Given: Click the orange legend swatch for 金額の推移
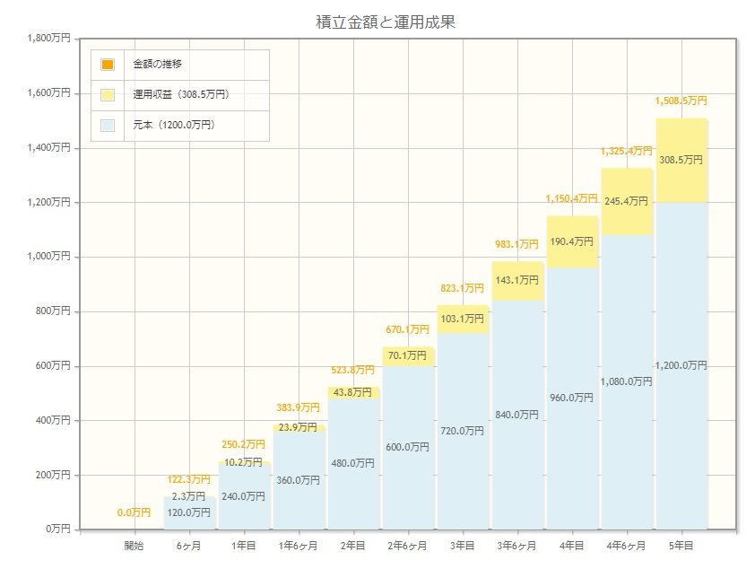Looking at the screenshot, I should pyautogui.click(x=108, y=65).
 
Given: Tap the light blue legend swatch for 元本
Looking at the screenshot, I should pyautogui.click(x=108, y=125).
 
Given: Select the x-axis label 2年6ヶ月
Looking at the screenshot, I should pyautogui.click(x=408, y=546).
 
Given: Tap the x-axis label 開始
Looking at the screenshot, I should pyautogui.click(x=134, y=546).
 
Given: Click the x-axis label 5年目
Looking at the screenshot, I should pyautogui.click(x=681, y=546).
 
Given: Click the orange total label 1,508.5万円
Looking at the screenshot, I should pyautogui.click(x=681, y=101).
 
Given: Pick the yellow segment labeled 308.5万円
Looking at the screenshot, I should pyautogui.click(x=681, y=160).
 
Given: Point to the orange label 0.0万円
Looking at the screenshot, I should pyautogui.click(x=134, y=512).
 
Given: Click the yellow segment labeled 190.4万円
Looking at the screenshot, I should pyautogui.click(x=572, y=241).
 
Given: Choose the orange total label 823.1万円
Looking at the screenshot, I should pyautogui.click(x=463, y=288).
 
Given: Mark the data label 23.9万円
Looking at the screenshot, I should pyautogui.click(x=299, y=427).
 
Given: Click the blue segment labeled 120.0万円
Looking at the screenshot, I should pyautogui.click(x=188, y=513).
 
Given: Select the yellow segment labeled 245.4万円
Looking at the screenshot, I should pyautogui.click(x=627, y=201).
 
